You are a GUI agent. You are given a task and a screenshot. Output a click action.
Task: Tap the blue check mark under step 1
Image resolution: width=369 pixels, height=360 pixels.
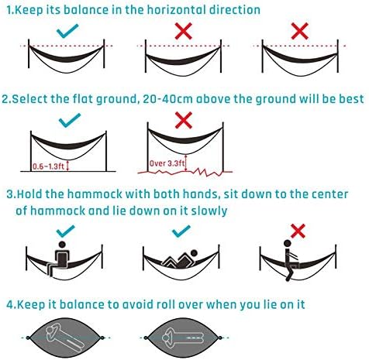tap(67, 31)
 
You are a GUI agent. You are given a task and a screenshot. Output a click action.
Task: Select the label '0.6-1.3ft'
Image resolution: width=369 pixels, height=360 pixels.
tap(48, 166)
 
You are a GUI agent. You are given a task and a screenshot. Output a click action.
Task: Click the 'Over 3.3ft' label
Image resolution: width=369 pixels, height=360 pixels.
tap(167, 163)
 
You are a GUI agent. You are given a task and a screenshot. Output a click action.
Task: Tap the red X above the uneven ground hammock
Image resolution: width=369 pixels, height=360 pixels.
tap(184, 120)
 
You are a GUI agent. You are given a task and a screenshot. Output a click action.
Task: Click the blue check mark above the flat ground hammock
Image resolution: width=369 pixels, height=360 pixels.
tap(70, 120)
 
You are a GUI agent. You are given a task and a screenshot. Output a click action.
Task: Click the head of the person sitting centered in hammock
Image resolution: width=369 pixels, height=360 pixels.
tap(62, 245)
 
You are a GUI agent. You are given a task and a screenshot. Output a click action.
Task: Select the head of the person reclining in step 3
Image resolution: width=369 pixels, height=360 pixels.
tap(194, 253)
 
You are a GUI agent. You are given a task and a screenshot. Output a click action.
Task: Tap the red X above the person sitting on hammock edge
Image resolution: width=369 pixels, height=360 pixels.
tap(298, 231)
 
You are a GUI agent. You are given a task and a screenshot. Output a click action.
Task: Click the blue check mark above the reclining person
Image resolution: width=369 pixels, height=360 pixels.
tap(181, 231)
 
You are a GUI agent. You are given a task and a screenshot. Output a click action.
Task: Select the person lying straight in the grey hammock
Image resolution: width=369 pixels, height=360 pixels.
tap(183, 338)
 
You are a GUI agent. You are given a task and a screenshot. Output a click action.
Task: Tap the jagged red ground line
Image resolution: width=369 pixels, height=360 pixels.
tap(185, 172)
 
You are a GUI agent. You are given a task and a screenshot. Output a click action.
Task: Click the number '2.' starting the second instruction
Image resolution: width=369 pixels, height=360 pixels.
tap(6, 99)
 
